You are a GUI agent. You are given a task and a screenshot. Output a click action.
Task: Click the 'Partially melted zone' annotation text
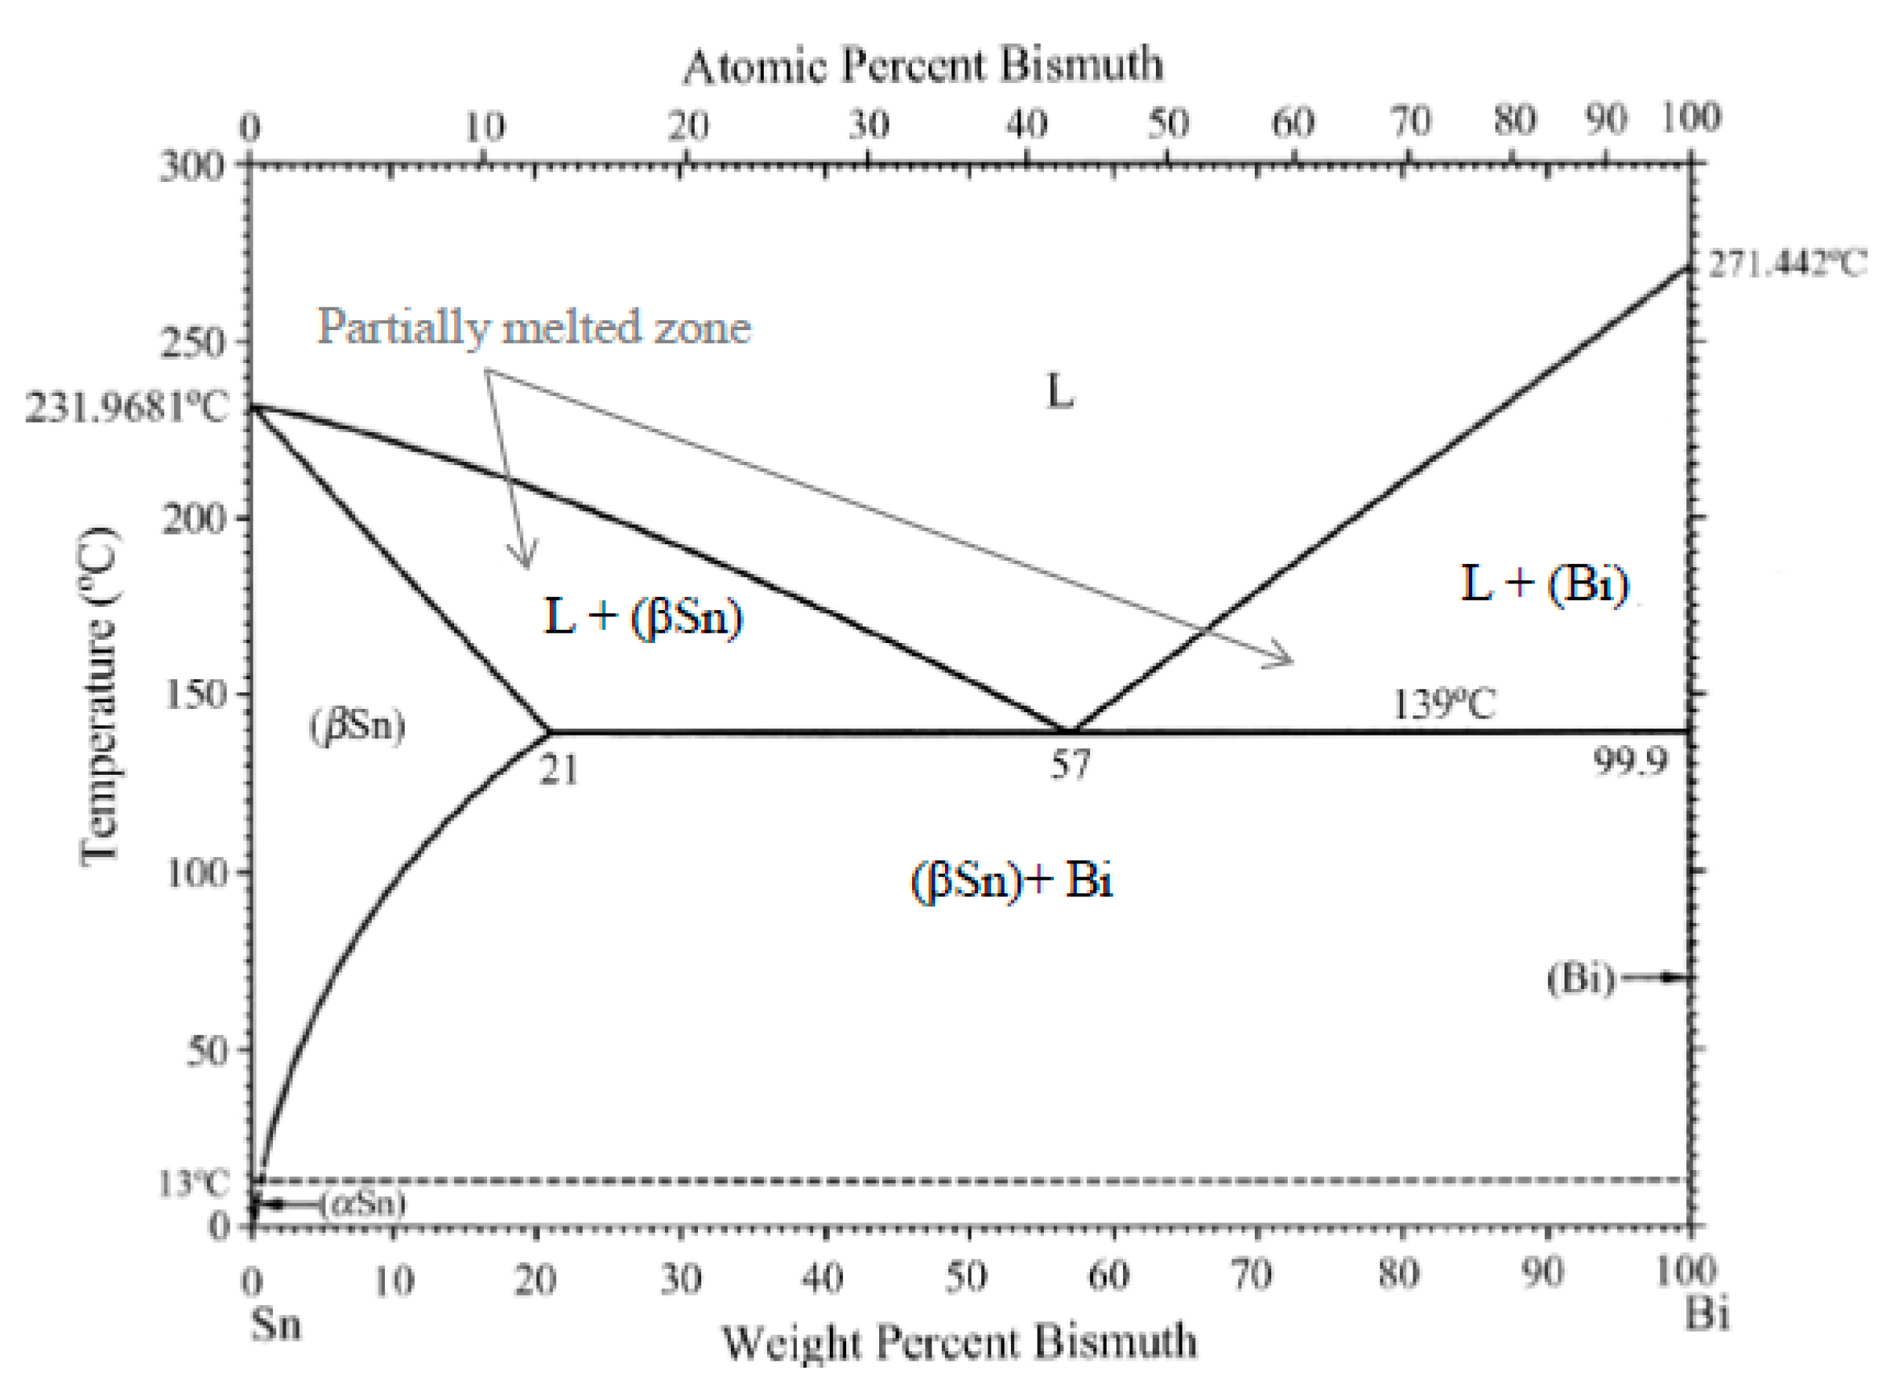(534, 327)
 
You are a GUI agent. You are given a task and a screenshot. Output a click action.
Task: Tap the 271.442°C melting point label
(1787, 265)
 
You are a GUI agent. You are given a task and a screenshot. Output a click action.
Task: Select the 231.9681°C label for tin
(125, 408)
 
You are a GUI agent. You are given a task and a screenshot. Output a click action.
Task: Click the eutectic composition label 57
(1070, 765)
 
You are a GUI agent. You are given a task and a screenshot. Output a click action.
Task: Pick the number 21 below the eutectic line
(558, 769)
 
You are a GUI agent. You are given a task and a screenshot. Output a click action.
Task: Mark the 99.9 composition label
(1630, 761)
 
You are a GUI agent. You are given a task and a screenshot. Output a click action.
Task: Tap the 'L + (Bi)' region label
(1545, 583)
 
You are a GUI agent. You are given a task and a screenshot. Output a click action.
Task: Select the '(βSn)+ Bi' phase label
(1012, 881)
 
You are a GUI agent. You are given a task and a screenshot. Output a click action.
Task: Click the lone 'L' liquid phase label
(1060, 391)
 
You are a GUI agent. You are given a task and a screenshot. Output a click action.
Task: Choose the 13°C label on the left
(193, 1183)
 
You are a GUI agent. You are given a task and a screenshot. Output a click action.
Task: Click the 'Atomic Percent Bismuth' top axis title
(923, 65)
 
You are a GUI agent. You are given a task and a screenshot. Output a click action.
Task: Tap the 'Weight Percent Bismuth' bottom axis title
(959, 1342)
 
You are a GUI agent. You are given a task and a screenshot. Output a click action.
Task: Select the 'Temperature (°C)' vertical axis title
(99, 696)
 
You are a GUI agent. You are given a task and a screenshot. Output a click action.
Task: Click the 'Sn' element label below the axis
(276, 1324)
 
